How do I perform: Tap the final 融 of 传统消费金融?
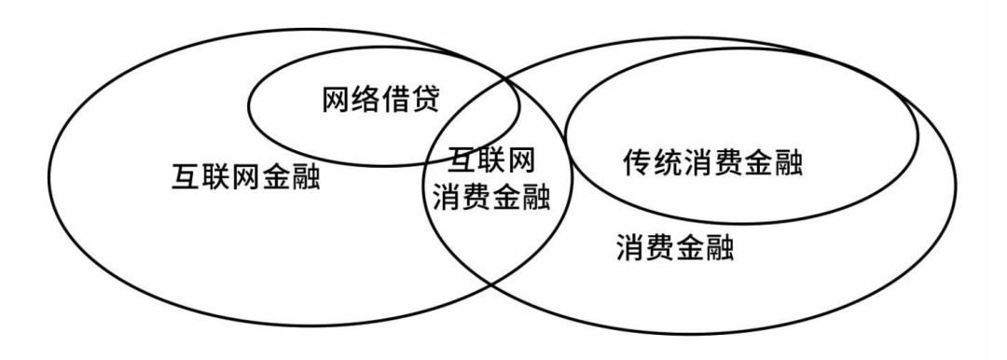[789, 165]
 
